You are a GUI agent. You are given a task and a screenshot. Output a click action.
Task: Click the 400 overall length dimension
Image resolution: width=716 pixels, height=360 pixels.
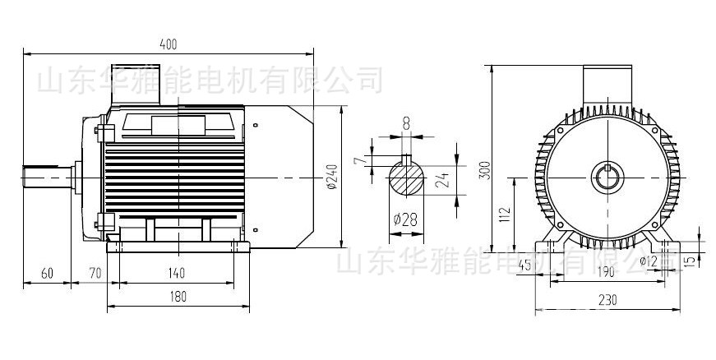[169, 44]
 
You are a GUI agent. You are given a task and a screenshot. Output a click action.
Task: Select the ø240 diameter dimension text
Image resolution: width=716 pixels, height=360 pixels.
[331, 177]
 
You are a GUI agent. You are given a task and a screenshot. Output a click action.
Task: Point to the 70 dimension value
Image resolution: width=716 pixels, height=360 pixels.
[95, 272]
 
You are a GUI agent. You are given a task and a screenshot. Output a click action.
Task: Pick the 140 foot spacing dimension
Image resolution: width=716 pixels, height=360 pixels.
[177, 272]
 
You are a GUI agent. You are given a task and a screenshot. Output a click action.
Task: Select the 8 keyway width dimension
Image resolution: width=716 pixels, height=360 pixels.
[406, 122]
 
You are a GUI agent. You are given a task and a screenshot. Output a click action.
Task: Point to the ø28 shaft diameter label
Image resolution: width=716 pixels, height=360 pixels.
[406, 220]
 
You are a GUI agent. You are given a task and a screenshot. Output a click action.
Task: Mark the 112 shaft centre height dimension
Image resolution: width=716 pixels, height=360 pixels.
[505, 215]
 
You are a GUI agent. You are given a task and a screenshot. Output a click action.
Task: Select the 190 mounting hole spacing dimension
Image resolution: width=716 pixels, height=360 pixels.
[607, 272]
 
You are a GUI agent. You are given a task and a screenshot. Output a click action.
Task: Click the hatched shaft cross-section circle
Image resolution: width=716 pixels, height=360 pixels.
[405, 179]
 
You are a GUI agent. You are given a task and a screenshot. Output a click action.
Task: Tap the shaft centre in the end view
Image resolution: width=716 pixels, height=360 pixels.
[607, 176]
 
